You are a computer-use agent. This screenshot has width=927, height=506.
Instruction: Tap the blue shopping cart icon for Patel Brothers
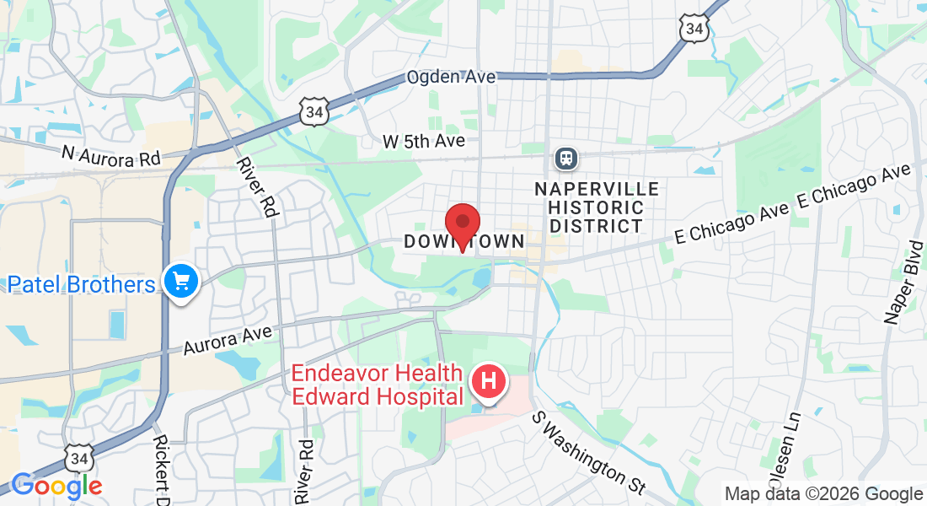point(180,282)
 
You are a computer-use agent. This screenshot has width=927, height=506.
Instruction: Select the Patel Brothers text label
point(82,284)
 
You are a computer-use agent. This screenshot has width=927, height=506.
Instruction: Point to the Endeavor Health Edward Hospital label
point(378,385)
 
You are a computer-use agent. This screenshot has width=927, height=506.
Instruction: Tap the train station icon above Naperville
point(565,158)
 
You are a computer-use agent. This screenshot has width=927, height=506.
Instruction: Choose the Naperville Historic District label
point(597,207)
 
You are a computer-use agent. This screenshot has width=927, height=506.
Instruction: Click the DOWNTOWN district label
point(463,242)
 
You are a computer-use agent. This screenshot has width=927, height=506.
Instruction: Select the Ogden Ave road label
point(451,77)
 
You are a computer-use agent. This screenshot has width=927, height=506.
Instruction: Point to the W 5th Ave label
point(424,141)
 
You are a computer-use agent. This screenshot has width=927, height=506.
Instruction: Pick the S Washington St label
point(588,453)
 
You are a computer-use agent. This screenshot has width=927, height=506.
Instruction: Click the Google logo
point(56,486)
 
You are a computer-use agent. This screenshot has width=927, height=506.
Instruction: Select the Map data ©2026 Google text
point(824,494)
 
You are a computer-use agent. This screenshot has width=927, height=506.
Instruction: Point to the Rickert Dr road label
point(163,469)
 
